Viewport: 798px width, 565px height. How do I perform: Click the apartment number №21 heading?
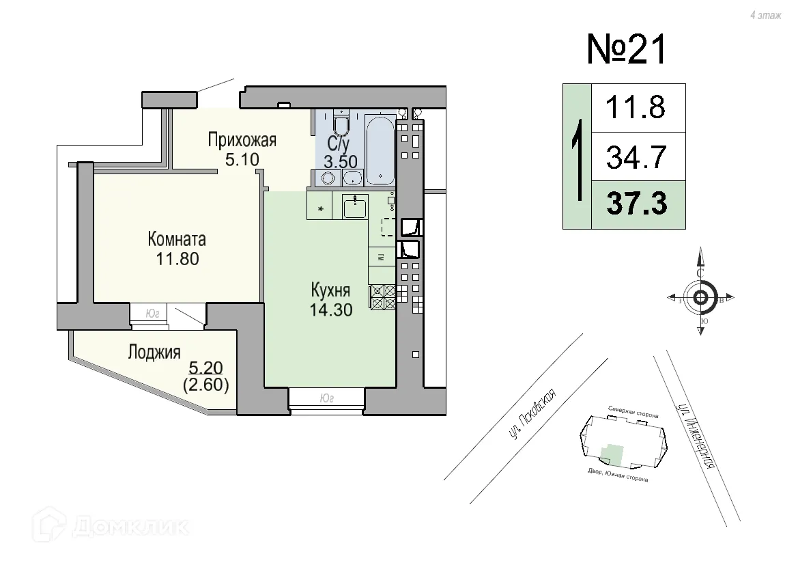point(625,50)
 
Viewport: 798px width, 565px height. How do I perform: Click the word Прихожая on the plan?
point(242,141)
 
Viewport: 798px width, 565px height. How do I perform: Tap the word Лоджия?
point(154,353)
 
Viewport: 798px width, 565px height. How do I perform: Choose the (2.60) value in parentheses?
point(205,384)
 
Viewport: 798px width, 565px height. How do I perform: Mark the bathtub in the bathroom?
point(380,150)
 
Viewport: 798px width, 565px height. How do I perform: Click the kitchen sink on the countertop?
point(355,206)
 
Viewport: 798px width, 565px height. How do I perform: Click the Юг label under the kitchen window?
point(326,396)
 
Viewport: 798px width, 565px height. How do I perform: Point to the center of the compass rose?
point(700,298)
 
